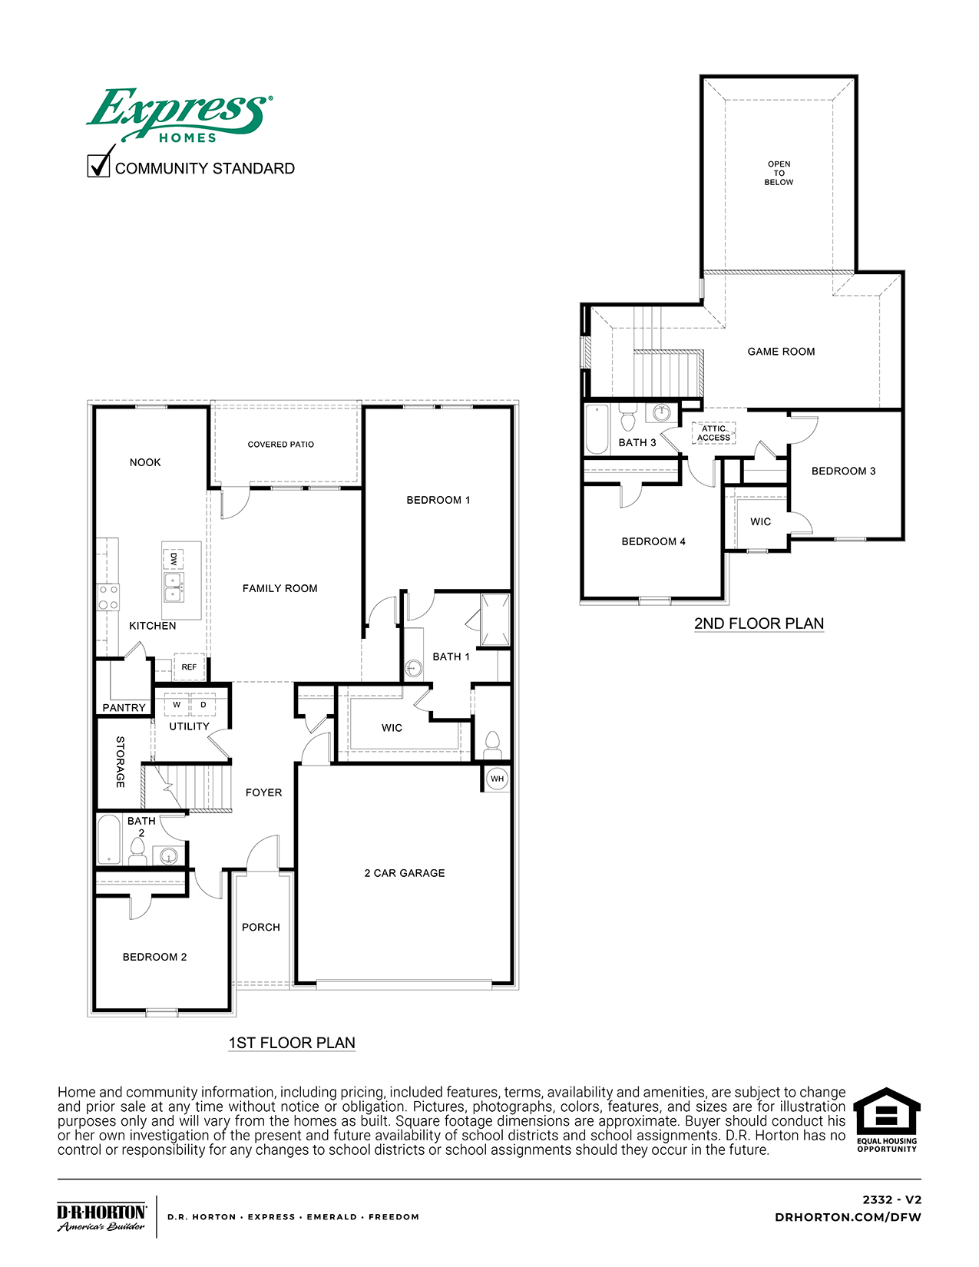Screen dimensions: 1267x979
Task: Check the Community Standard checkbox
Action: [99, 166]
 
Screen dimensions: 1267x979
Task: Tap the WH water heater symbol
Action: [498, 779]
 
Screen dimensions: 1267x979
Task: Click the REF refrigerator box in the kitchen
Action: [189, 667]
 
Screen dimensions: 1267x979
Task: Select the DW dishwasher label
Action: [174, 558]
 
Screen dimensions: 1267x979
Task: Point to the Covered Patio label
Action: [280, 445]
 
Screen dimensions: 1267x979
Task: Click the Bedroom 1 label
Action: [438, 500]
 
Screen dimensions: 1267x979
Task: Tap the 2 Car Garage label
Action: [405, 873]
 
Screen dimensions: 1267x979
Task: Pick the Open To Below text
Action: [779, 173]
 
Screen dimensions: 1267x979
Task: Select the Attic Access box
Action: [713, 434]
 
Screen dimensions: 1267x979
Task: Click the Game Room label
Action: [781, 352]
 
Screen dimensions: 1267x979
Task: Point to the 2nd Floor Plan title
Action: [759, 624]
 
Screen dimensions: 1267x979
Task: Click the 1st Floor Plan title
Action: [292, 1043]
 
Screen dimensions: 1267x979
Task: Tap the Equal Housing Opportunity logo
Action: [887, 1120]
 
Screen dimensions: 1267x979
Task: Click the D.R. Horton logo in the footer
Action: [101, 1216]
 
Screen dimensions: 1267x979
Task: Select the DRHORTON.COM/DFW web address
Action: [848, 1217]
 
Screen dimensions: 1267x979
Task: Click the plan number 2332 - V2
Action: [891, 1199]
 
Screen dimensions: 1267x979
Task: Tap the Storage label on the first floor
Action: [121, 762]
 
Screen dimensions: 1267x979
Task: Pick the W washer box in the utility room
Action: [177, 705]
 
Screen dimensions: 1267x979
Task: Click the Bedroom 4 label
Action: [653, 541]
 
